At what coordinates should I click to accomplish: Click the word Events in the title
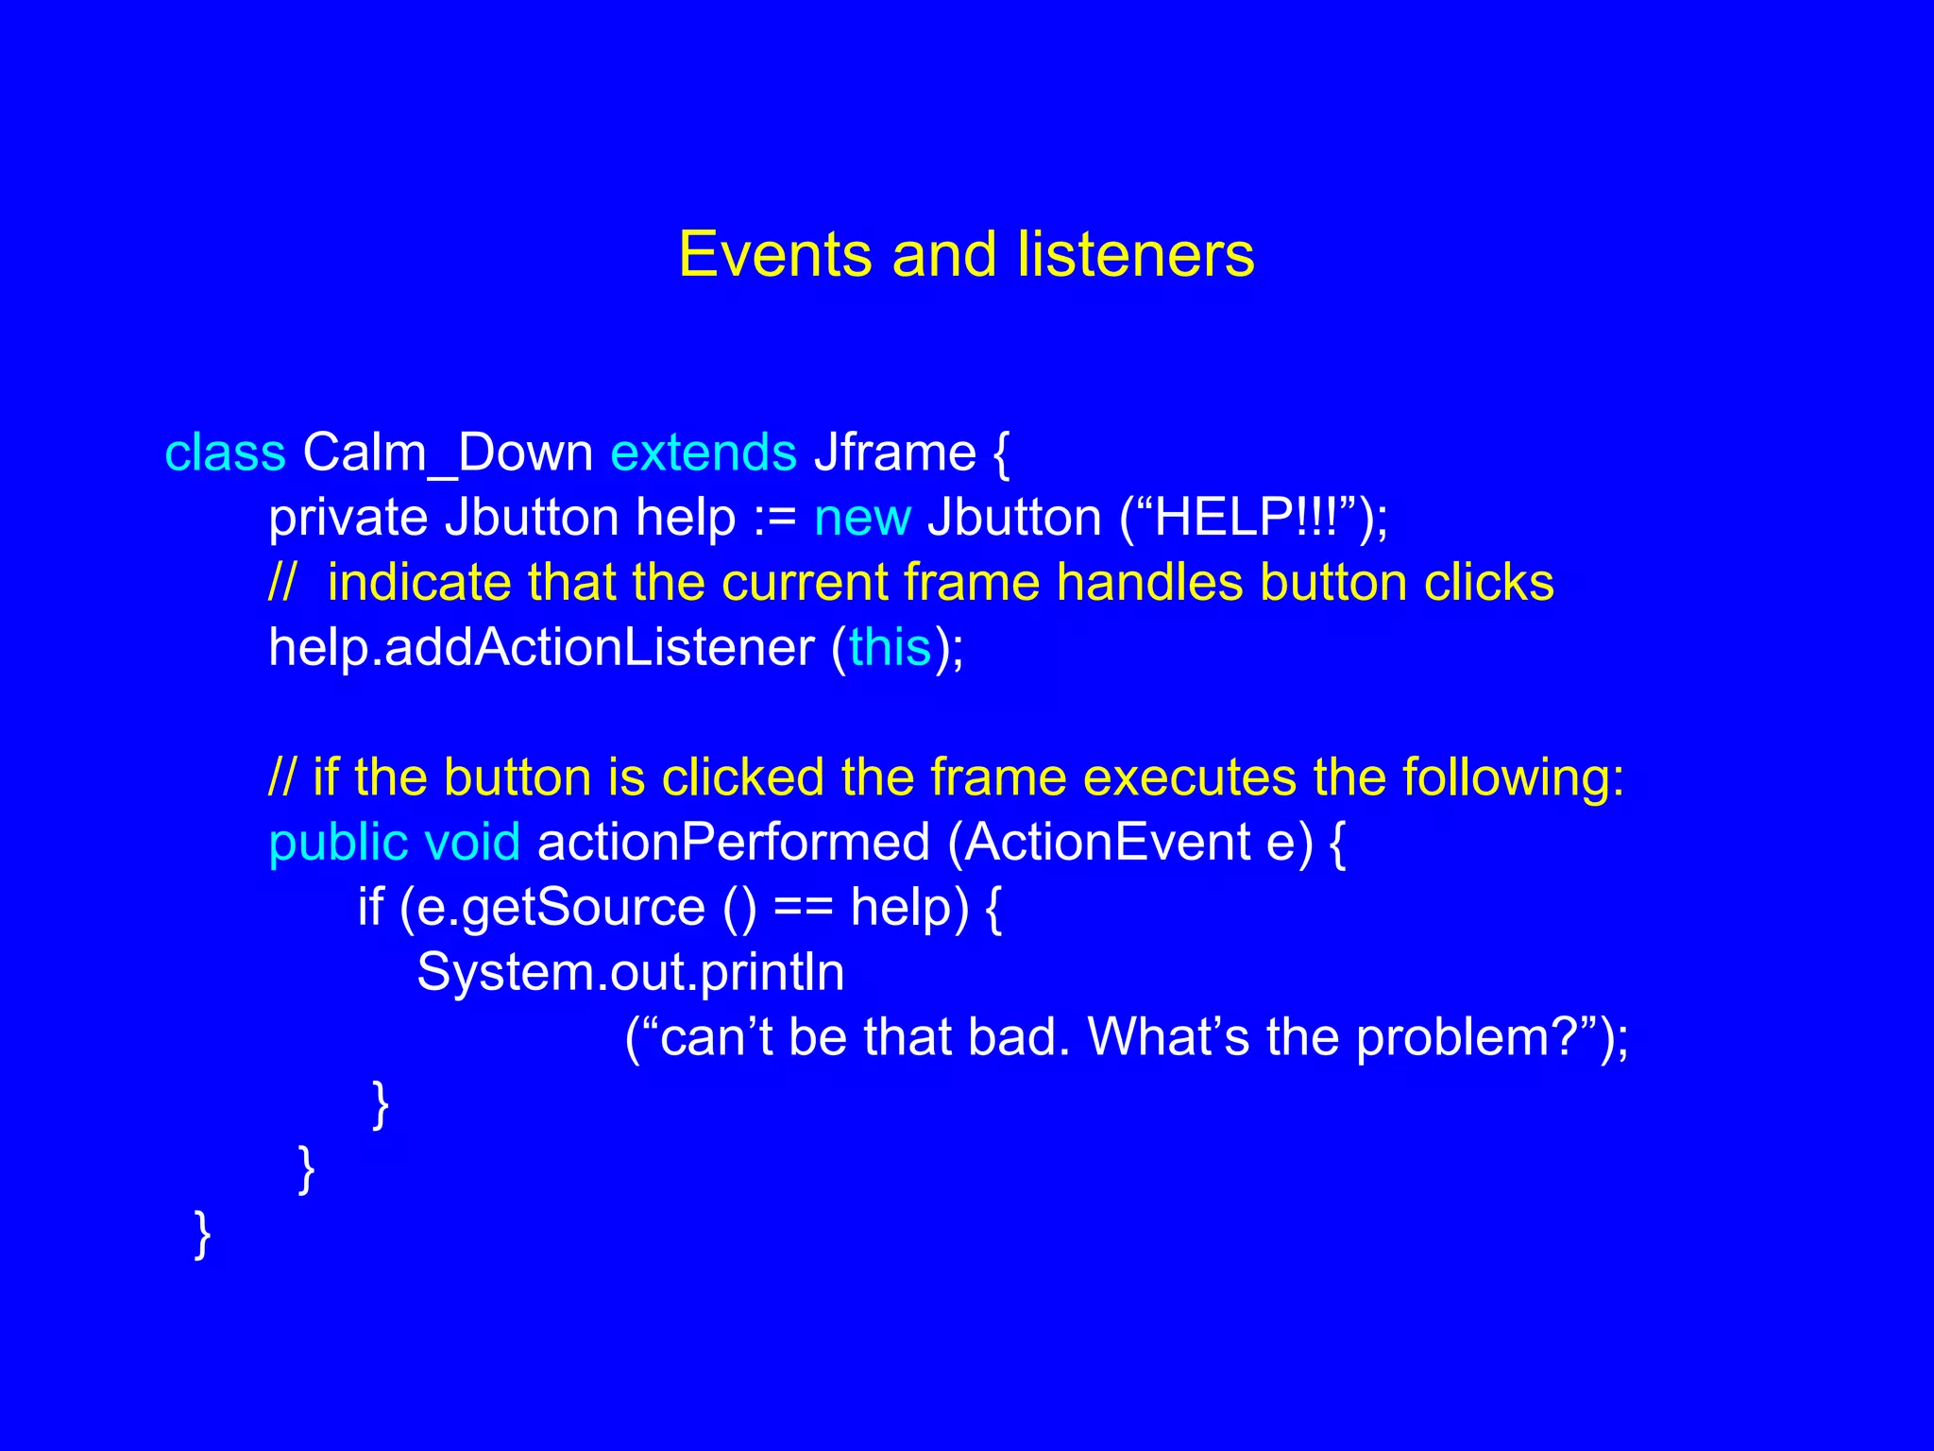(x=774, y=255)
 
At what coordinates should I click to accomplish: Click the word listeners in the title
(x=1135, y=255)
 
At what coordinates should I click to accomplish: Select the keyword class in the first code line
(x=225, y=452)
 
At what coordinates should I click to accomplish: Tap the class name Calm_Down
(x=448, y=452)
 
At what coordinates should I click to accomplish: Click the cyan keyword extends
(x=704, y=452)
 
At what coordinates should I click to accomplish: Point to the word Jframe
(x=894, y=452)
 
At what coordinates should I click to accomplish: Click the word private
(x=348, y=518)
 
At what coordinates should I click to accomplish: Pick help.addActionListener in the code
(x=541, y=648)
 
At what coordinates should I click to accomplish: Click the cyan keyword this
(x=890, y=648)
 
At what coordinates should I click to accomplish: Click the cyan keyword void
(x=472, y=842)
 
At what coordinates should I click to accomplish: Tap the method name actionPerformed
(x=733, y=842)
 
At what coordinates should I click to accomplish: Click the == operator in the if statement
(x=803, y=909)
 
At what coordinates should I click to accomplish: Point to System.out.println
(x=630, y=972)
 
